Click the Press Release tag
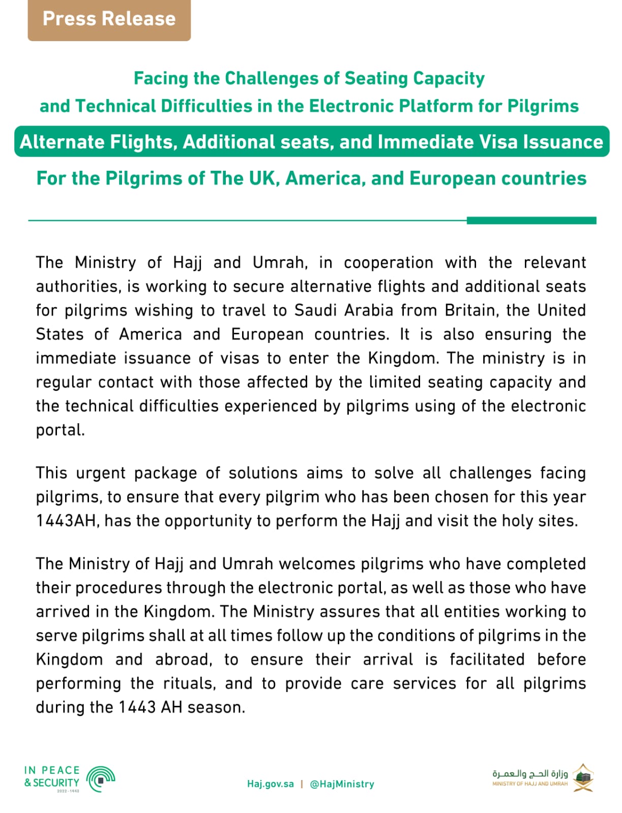coord(109,19)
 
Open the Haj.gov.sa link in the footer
coord(270,784)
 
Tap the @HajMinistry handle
coord(342,784)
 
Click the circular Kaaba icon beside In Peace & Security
coord(101,779)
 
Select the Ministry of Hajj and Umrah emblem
coord(583,777)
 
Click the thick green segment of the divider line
coord(531,221)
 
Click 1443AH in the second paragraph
coord(66,520)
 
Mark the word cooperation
coord(389,262)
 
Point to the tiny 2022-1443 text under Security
coord(68,791)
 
